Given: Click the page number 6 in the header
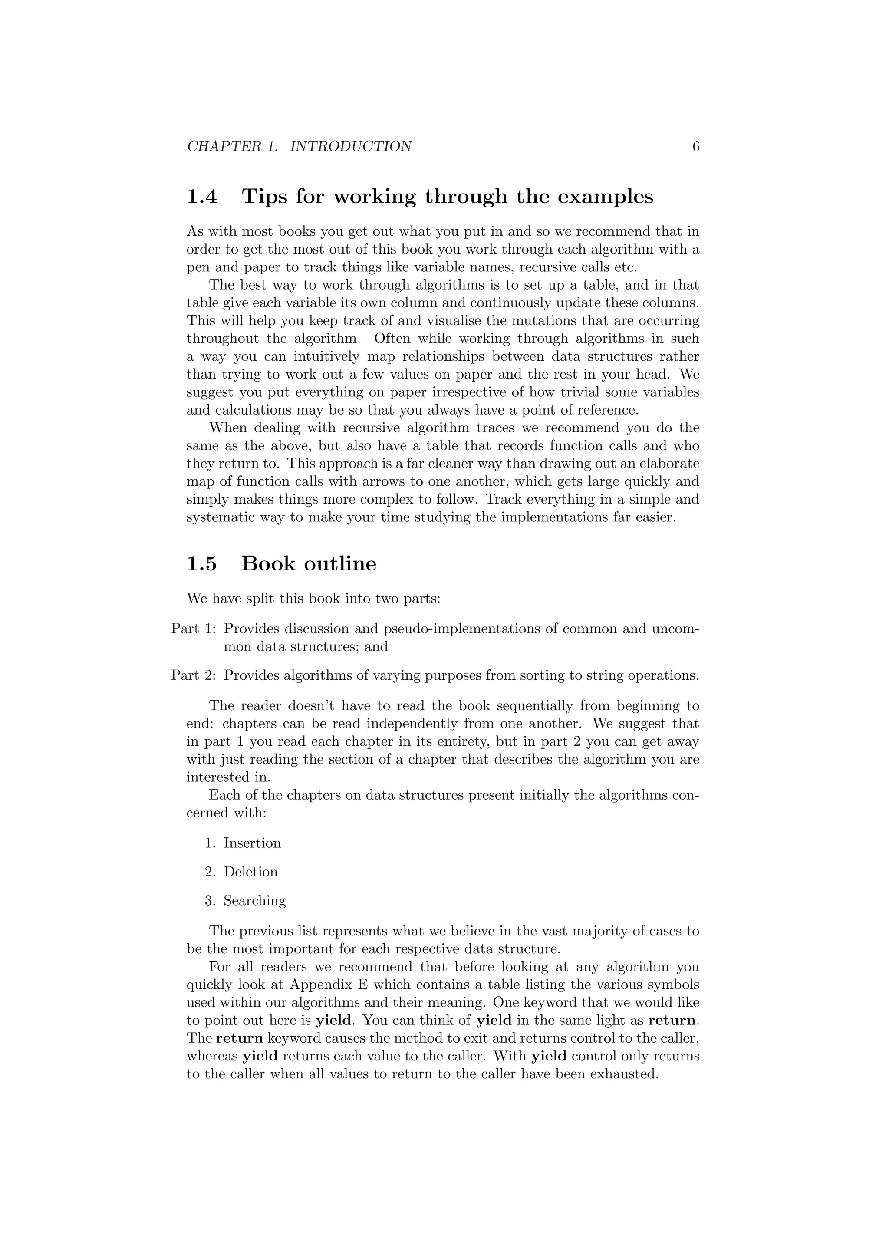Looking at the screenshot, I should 696,147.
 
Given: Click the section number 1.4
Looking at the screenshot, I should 202,197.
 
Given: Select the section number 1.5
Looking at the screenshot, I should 202,564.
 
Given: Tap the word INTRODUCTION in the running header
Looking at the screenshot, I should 351,147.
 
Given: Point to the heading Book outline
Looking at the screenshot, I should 309,564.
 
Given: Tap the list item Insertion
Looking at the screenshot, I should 252,843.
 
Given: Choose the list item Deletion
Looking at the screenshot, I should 250,872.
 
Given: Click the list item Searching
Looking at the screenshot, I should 255,901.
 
